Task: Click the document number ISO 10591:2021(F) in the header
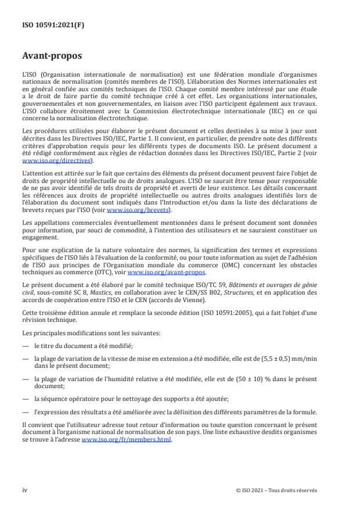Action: (48, 26)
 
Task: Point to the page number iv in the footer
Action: (25, 489)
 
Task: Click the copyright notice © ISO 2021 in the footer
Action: (276, 489)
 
